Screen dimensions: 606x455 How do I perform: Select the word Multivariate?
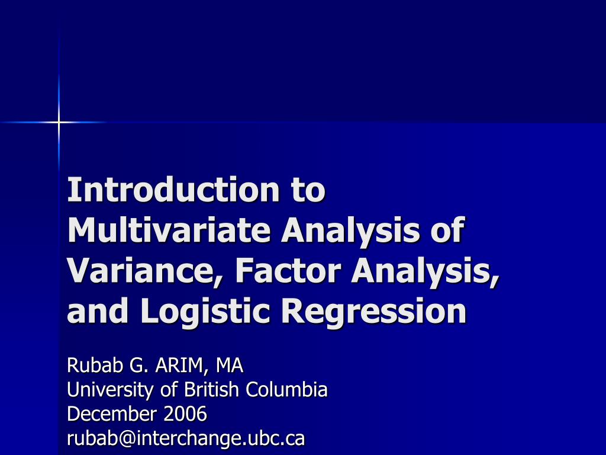[169, 230]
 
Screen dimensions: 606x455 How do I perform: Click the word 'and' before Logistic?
[98, 310]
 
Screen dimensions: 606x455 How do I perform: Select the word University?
[110, 390]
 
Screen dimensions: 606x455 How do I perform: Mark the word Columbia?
[287, 389]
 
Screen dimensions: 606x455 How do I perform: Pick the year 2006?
[185, 414]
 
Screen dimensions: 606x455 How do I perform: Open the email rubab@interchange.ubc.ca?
[186, 438]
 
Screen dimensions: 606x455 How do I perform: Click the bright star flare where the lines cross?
[59, 122]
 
